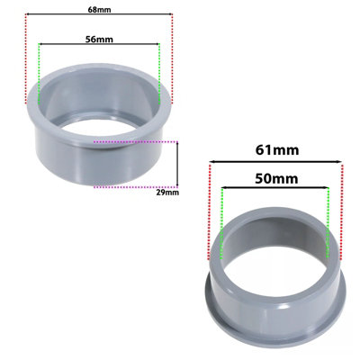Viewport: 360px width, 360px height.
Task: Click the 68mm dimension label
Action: click(100, 10)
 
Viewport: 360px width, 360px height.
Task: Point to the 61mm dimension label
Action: click(276, 149)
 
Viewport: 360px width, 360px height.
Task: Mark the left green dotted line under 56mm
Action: click(40, 72)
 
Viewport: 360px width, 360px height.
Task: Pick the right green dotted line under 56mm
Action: click(159, 72)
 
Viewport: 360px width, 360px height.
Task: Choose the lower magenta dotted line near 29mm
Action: click(135, 185)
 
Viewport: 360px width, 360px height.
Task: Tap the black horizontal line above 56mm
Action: click(100, 46)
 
